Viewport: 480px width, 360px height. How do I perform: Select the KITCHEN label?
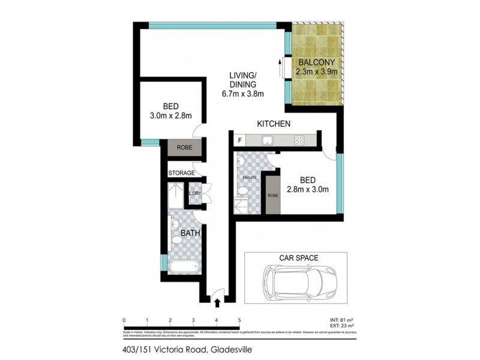274,124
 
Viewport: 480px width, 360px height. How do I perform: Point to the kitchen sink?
268,140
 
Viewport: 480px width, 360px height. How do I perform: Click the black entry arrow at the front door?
217,304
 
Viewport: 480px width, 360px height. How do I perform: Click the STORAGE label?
181,173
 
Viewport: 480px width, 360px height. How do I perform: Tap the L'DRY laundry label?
194,193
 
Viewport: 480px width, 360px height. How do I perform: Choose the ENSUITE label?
249,178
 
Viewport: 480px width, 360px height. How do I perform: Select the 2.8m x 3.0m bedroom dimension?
308,190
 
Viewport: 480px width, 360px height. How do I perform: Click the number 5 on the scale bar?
239,320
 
